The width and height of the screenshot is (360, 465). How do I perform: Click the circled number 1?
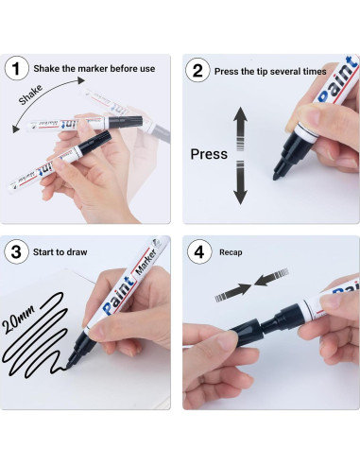click(16, 68)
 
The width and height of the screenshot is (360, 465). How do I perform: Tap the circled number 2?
click(197, 71)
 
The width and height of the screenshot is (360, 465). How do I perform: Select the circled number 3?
click(16, 251)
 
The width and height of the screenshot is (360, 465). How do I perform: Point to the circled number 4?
click(199, 251)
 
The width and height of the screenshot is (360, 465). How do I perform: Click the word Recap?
click(231, 252)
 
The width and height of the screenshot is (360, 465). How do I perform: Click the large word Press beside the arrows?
click(209, 154)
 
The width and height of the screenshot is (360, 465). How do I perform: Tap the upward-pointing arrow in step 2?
click(240, 129)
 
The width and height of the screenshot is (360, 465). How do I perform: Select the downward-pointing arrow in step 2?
click(240, 182)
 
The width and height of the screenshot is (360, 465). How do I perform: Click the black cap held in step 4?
click(245, 329)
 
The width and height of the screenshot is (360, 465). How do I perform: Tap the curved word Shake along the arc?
click(30, 95)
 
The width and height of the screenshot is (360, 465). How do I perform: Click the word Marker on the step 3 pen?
click(145, 262)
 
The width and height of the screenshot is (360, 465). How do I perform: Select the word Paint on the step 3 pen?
click(119, 296)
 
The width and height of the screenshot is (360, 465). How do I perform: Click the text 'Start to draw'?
click(60, 252)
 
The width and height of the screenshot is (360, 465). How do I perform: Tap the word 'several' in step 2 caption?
click(285, 72)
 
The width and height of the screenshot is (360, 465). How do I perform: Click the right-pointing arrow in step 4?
click(233, 292)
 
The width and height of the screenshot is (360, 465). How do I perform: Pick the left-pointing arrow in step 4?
click(271, 277)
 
